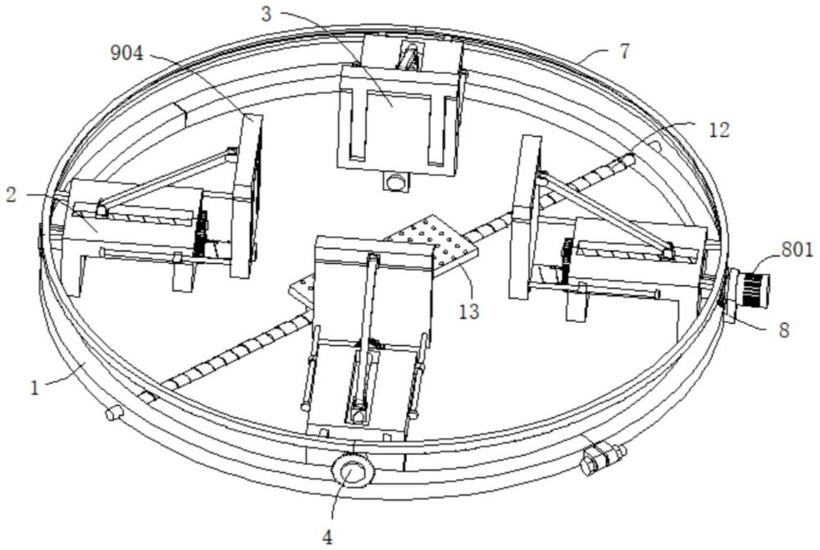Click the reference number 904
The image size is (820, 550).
pyautogui.click(x=126, y=52)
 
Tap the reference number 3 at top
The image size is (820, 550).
pyautogui.click(x=266, y=14)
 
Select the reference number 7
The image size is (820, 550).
pyautogui.click(x=624, y=52)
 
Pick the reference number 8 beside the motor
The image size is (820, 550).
pyautogui.click(x=784, y=330)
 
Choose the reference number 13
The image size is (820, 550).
pyautogui.click(x=468, y=311)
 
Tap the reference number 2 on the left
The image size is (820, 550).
pyautogui.click(x=11, y=195)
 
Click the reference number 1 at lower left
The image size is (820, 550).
pyautogui.click(x=34, y=389)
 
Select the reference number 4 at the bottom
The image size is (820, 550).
pyautogui.click(x=327, y=536)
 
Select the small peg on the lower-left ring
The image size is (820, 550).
pyautogui.click(x=114, y=414)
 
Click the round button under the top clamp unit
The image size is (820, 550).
pyautogui.click(x=396, y=183)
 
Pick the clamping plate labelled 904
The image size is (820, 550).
pyautogui.click(x=246, y=195)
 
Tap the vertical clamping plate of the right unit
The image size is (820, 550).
pyautogui.click(x=526, y=217)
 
